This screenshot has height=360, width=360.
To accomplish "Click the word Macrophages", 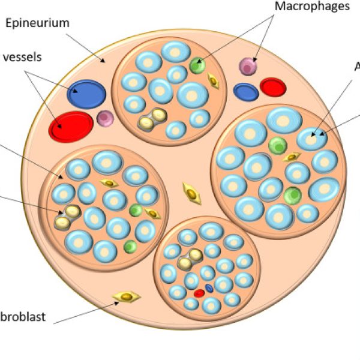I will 312,7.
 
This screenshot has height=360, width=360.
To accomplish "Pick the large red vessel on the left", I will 71,126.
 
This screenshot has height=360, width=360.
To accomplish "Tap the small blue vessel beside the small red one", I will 245,92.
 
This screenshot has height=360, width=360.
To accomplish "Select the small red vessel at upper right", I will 272,87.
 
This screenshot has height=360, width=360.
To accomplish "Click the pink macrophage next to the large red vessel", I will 105,118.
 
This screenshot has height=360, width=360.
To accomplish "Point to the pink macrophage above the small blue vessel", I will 248,67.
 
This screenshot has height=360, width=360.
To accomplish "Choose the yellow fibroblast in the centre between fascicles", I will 191,193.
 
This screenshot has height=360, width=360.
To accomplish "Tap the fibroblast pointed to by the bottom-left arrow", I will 127,296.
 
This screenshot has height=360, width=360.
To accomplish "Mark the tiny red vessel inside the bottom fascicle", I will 199,293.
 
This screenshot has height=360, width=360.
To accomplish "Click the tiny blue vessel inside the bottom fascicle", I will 209,288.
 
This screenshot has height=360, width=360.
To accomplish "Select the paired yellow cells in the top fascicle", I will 152,119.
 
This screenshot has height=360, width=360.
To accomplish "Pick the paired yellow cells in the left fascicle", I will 67,217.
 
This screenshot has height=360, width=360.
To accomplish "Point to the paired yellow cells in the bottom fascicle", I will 190,259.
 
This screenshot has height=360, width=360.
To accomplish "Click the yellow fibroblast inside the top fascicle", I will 213,80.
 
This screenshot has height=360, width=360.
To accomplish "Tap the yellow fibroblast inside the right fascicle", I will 291,157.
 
